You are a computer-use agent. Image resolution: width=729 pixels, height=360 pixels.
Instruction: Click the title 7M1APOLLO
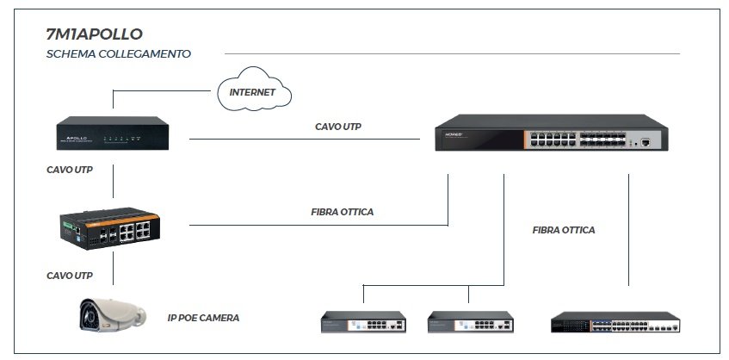pyautogui.click(x=94, y=34)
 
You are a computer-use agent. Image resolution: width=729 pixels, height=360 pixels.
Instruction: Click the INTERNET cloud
pyautogui.click(x=251, y=90)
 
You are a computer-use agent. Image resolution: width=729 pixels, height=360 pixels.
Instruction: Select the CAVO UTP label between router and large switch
pyautogui.click(x=337, y=127)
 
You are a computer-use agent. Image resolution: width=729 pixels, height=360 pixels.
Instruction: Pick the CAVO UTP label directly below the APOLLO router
pyautogui.click(x=70, y=171)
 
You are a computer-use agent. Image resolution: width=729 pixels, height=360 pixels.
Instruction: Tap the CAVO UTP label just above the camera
pyautogui.click(x=70, y=276)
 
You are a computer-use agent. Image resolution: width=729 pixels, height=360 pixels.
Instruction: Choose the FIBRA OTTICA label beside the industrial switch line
pyautogui.click(x=342, y=211)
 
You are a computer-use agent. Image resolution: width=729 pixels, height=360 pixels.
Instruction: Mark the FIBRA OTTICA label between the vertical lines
pyautogui.click(x=563, y=230)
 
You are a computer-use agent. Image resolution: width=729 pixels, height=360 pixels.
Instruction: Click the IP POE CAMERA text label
pyautogui.click(x=203, y=318)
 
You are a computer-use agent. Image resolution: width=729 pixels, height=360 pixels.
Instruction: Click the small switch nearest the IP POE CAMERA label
pyautogui.click(x=363, y=322)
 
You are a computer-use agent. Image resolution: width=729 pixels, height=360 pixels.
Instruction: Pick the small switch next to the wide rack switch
pyautogui.click(x=470, y=322)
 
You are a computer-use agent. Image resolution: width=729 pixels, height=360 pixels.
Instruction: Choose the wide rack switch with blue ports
pyautogui.click(x=615, y=323)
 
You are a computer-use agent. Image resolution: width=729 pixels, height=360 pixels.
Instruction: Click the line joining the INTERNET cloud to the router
pyautogui.click(x=164, y=90)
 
